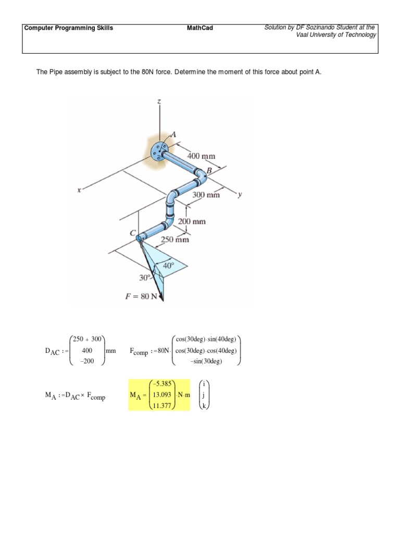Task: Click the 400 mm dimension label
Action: (x=201, y=156)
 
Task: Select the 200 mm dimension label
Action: (x=192, y=221)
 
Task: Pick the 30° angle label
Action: (x=145, y=277)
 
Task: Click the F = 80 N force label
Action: (x=142, y=297)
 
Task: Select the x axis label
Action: (x=79, y=191)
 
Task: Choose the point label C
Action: (x=133, y=232)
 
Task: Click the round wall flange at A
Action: (x=158, y=151)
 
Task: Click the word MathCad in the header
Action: (x=200, y=28)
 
